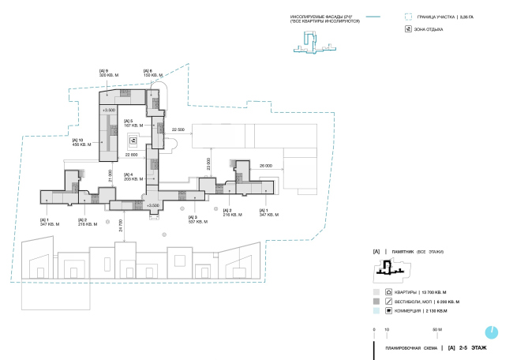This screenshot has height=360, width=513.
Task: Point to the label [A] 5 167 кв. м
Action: [x=133, y=122]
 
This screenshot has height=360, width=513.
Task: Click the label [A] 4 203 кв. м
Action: [x=133, y=177]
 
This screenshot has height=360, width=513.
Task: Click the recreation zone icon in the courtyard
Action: [x=133, y=141]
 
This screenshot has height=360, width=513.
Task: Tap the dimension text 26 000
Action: [x=264, y=166]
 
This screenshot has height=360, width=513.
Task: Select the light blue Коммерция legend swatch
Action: [x=376, y=311]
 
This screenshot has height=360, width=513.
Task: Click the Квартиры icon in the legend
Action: [x=389, y=291]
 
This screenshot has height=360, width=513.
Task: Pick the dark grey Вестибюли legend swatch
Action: [x=376, y=301]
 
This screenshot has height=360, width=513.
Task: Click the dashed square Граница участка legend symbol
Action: [x=408, y=16]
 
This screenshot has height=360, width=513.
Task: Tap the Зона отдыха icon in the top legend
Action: [x=408, y=28]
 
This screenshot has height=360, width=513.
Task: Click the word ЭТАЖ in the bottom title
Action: [x=477, y=347]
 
